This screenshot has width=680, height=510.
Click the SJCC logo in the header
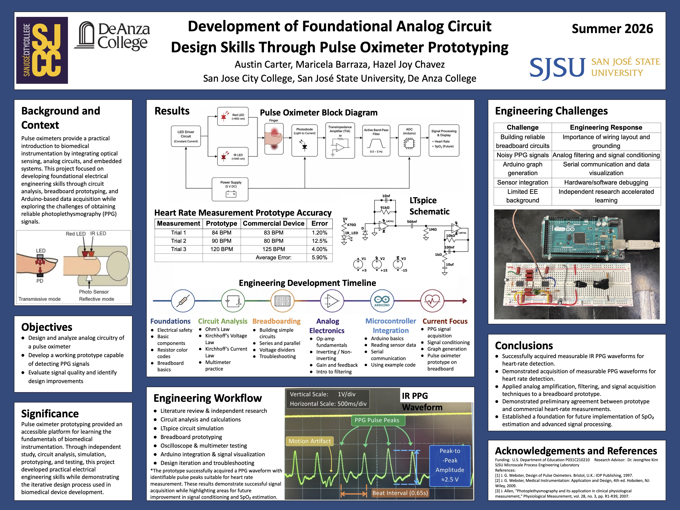[x=42, y=50]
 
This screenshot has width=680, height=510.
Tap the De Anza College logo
[x=112, y=36]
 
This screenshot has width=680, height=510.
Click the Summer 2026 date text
[x=612, y=29]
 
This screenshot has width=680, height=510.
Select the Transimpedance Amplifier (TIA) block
[x=340, y=140]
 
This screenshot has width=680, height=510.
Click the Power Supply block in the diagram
[x=230, y=189]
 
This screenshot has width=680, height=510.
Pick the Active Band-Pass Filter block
[x=376, y=140]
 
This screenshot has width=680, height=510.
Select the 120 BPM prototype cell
[x=221, y=249]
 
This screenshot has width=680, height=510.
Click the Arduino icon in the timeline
[x=382, y=301]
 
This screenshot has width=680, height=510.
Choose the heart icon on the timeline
[x=432, y=301]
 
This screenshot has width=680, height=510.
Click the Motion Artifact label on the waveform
[x=310, y=441]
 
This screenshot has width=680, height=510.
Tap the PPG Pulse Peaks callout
[x=377, y=420]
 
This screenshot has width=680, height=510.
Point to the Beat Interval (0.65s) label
[x=400, y=493]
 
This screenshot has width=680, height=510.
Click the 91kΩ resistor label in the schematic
[x=385, y=208]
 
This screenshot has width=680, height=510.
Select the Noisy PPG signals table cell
[x=523, y=155]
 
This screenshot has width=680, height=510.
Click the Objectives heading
[x=47, y=327]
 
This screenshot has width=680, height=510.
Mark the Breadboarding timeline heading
[x=276, y=321]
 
